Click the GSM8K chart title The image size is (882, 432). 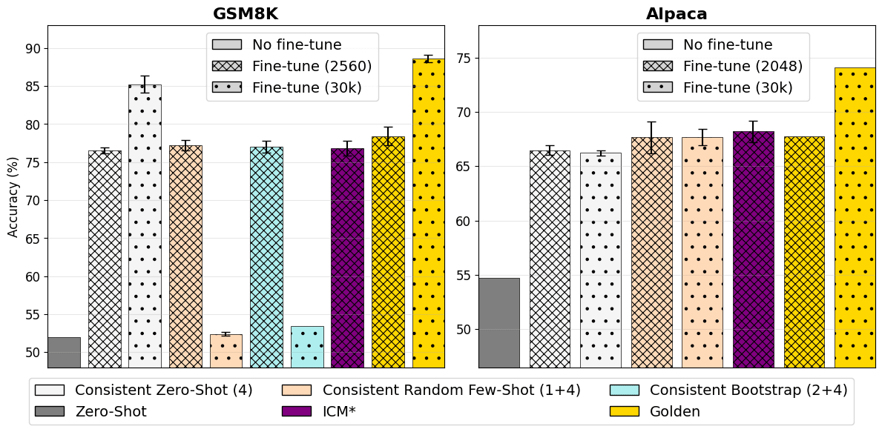point(246,14)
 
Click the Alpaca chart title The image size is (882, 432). point(677,14)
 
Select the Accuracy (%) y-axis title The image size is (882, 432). point(13,196)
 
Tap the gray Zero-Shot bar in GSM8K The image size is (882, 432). point(64,353)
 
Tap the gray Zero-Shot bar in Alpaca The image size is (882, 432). point(498,322)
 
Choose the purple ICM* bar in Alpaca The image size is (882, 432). point(753,249)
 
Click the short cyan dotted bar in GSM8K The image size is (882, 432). point(307,347)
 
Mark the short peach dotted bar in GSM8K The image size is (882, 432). point(226,350)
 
